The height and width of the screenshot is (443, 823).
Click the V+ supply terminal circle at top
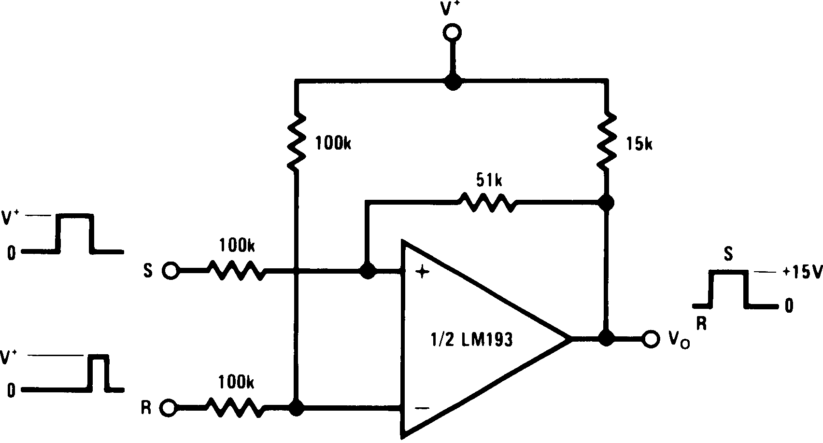point(452,32)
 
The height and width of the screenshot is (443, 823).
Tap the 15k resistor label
point(638,144)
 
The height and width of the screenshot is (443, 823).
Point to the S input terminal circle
point(170,271)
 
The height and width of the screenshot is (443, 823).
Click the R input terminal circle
point(170,408)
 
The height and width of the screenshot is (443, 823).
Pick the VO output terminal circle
point(651,339)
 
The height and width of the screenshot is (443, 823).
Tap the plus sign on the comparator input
point(423,273)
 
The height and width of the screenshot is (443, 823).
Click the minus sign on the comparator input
point(422,408)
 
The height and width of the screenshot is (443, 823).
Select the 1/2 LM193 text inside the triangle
point(471,340)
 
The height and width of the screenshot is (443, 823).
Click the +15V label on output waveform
point(802,273)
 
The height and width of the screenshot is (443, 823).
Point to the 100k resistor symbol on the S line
point(236,271)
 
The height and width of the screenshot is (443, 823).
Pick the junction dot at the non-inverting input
point(368,272)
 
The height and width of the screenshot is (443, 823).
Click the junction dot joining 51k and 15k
point(606,202)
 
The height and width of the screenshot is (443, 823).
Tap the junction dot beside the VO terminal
point(606,338)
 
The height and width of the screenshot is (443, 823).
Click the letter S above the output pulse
point(728,254)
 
